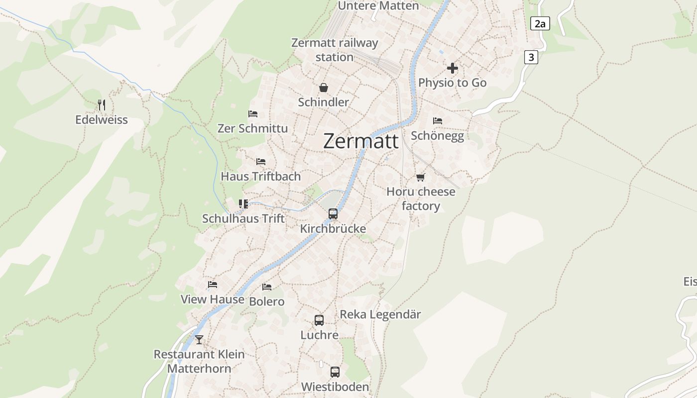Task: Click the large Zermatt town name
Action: click(x=360, y=141)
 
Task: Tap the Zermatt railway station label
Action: click(x=335, y=50)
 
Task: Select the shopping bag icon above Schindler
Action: click(x=324, y=88)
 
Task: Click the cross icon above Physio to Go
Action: click(x=453, y=68)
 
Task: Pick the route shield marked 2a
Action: click(x=540, y=23)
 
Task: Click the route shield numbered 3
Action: click(x=531, y=57)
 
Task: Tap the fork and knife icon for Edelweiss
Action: click(x=102, y=105)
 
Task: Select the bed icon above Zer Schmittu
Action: click(x=253, y=114)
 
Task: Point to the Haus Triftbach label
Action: click(x=261, y=176)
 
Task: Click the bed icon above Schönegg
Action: click(x=438, y=121)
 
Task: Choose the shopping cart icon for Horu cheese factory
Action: click(x=421, y=177)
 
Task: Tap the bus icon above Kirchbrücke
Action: click(x=333, y=214)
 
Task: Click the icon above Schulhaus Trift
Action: click(x=243, y=203)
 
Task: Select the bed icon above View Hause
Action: click(x=213, y=285)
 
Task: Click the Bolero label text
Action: click(x=267, y=301)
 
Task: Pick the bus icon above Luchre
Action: click(x=319, y=320)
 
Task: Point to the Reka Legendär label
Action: click(x=380, y=314)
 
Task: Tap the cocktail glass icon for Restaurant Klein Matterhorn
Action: click(x=199, y=340)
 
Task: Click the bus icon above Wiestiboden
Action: click(x=335, y=372)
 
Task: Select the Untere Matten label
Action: click(x=378, y=6)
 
